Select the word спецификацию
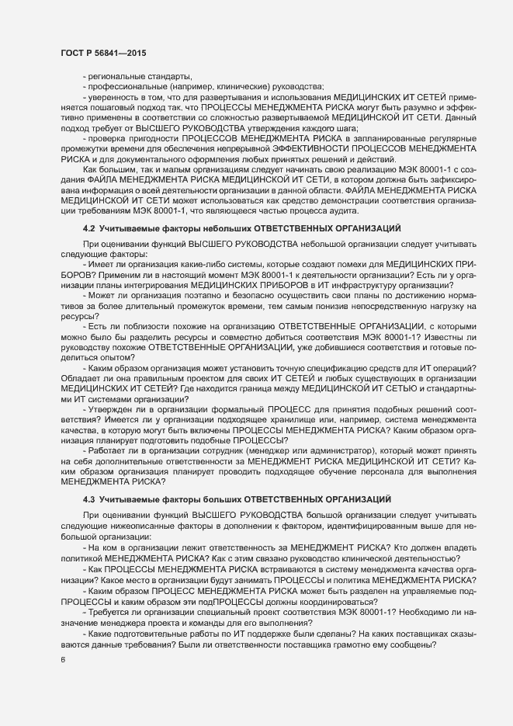point(352,346)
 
